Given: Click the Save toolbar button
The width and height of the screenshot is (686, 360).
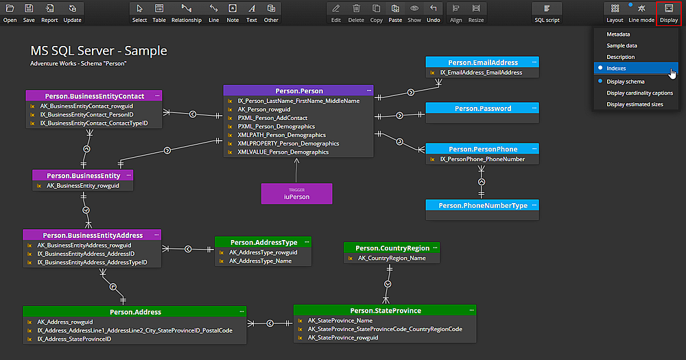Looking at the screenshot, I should [x=29, y=12].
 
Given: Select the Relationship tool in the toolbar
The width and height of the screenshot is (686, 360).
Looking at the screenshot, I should [x=187, y=12].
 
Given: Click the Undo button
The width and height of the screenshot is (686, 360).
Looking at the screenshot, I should [x=433, y=12].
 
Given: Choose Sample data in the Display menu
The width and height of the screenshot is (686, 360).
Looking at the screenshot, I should [x=622, y=45].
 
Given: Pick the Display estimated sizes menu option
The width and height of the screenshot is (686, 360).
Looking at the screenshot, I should [x=635, y=104].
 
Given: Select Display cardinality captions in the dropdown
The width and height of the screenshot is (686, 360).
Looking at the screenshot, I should [x=639, y=93].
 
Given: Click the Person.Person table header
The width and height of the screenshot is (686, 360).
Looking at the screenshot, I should [x=299, y=91].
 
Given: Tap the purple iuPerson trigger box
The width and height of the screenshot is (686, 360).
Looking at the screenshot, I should [x=296, y=193].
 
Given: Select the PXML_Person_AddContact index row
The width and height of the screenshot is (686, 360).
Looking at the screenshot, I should [x=272, y=118].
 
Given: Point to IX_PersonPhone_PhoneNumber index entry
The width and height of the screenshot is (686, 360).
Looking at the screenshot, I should [x=482, y=159].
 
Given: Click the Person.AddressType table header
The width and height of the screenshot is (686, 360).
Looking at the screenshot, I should [x=263, y=242].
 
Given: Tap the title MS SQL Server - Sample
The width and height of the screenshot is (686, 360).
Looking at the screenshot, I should [x=99, y=51].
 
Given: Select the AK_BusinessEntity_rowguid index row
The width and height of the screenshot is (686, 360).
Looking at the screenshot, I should [x=89, y=186].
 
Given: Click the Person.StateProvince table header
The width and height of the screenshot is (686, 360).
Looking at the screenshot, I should [x=386, y=311].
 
